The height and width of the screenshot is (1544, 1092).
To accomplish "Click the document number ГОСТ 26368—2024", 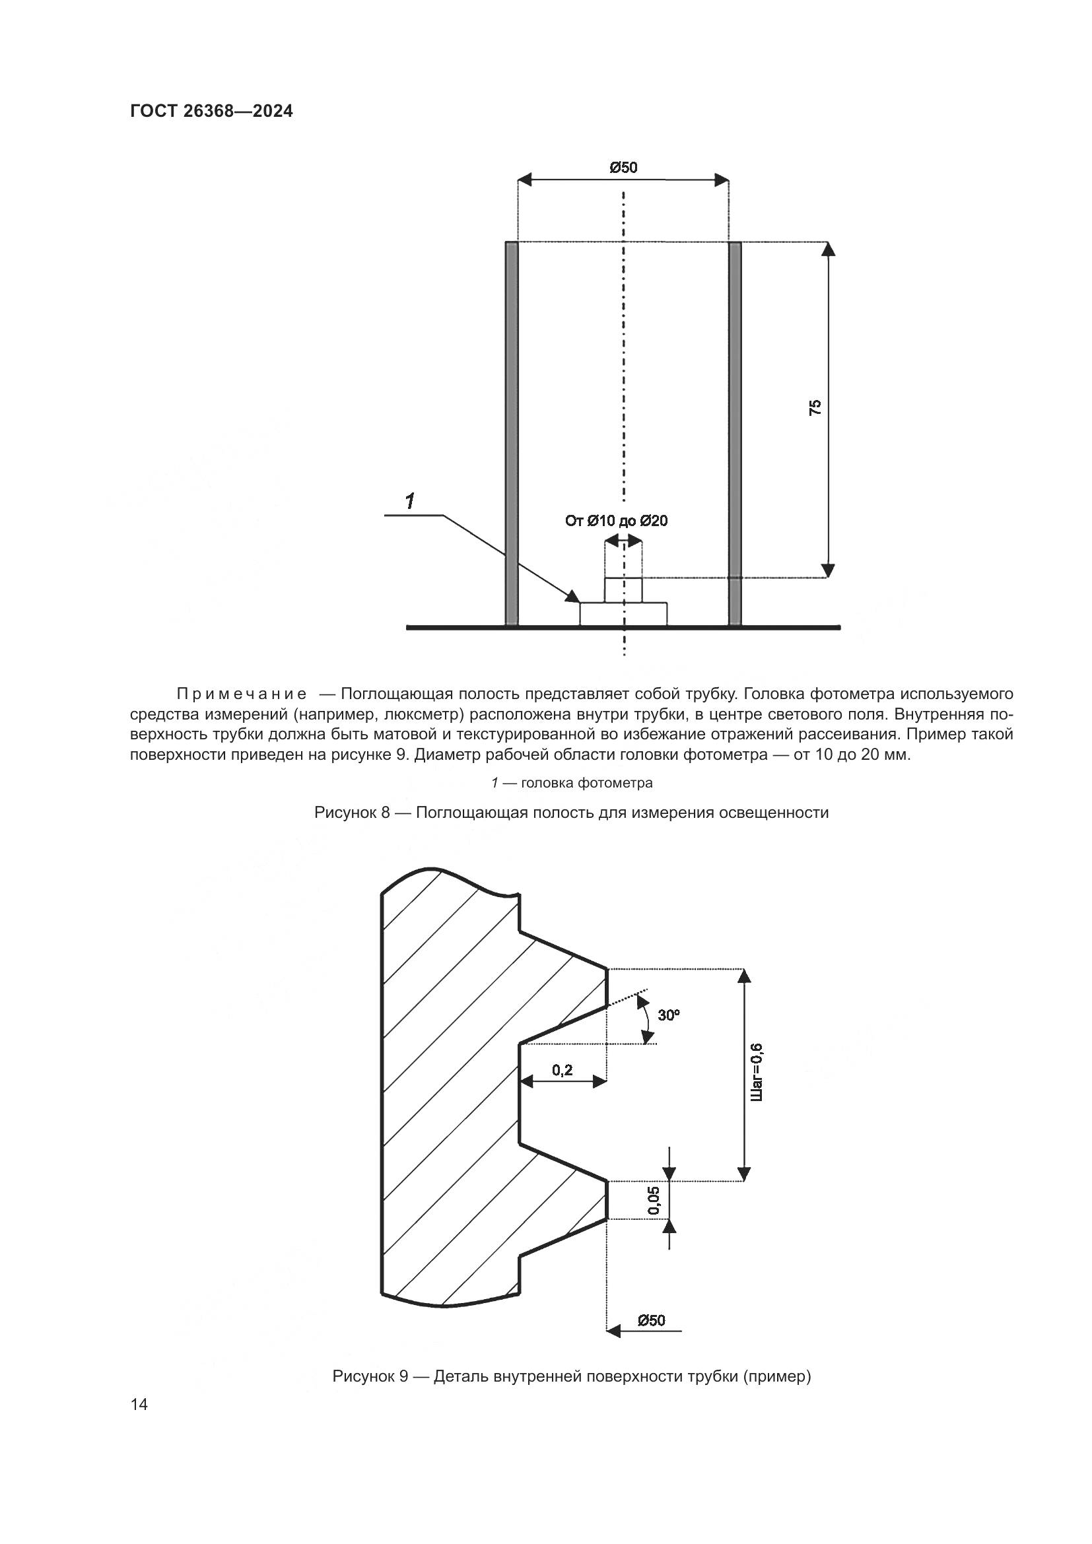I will coord(211,111).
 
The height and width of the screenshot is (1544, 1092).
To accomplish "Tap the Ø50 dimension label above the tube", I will coord(623,168).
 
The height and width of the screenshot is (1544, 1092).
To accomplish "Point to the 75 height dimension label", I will coord(815,407).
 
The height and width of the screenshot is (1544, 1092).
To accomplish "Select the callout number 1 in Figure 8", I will coord(409,501).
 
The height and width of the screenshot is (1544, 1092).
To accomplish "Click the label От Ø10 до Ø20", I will coord(617,520).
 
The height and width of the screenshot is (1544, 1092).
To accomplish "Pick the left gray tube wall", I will coord(512,434).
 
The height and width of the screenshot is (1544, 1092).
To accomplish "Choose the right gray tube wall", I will coord(735,434).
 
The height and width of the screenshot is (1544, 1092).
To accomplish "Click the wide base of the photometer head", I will coord(623,613).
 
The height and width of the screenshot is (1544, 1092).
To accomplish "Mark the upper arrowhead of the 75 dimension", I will coord(829,248).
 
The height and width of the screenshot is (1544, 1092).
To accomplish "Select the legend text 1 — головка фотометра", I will coord(572,783).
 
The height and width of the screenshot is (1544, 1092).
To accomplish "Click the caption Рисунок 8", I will coord(571,813).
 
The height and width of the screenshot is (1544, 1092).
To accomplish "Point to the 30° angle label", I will coord(668,1015).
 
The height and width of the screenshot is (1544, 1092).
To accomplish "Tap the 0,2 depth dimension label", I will coord(562,1069).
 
